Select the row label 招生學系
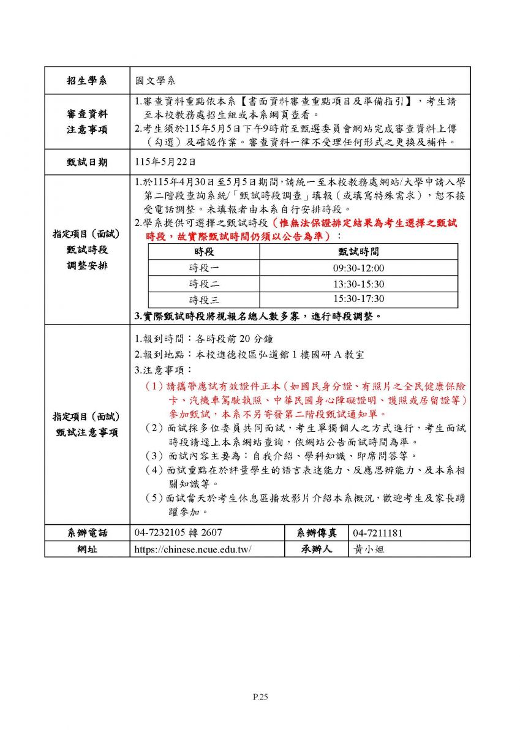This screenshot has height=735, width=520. click(x=87, y=80)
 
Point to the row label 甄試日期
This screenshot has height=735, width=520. click(x=87, y=162)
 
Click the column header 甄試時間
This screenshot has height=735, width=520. click(x=358, y=252)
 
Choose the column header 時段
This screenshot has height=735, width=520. click(x=204, y=252)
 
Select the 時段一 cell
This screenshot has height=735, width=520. click(x=204, y=268)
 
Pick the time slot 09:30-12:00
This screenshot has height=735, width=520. click(x=358, y=268)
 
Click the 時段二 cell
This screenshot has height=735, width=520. click(x=204, y=284)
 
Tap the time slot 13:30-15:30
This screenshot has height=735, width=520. click(x=358, y=284)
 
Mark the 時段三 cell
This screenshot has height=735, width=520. click(x=204, y=300)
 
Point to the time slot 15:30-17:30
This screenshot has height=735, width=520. click(x=358, y=300)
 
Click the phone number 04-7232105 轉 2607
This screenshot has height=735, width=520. click(x=178, y=533)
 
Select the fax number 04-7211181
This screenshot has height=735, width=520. click(x=378, y=533)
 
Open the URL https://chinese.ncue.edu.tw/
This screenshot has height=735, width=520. click(x=193, y=549)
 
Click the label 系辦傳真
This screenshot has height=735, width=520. click(x=316, y=533)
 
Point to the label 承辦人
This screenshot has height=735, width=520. click(x=316, y=549)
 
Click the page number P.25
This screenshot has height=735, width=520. click(x=260, y=696)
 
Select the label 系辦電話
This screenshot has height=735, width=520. click(x=87, y=533)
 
